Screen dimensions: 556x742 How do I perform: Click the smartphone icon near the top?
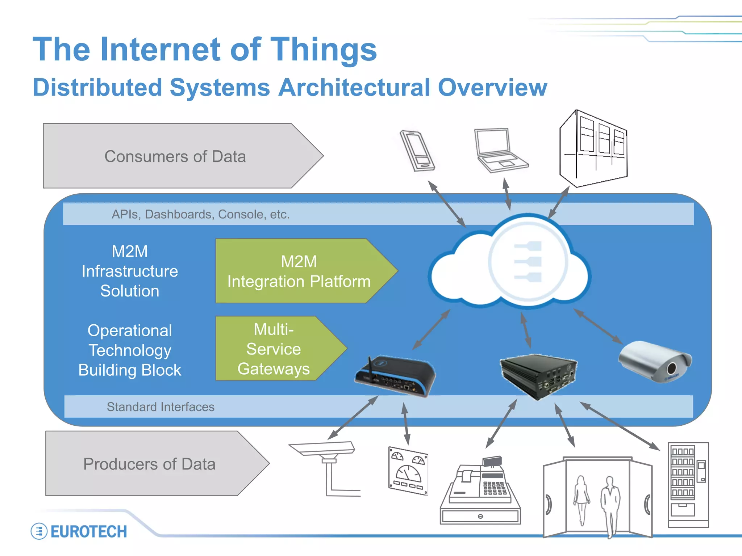(417, 151)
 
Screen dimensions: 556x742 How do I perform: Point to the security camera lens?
(671, 368)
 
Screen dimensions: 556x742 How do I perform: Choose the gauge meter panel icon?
(408, 471)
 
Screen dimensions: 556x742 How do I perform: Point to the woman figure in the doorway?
(581, 500)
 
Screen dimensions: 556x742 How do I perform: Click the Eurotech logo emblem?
(39, 531)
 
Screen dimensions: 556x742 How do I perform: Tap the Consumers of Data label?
(175, 156)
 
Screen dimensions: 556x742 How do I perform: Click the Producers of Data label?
(149, 464)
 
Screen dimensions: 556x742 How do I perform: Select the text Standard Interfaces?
(161, 407)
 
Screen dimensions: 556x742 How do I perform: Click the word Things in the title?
(324, 50)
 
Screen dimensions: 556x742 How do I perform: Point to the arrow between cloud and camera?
(598, 326)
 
